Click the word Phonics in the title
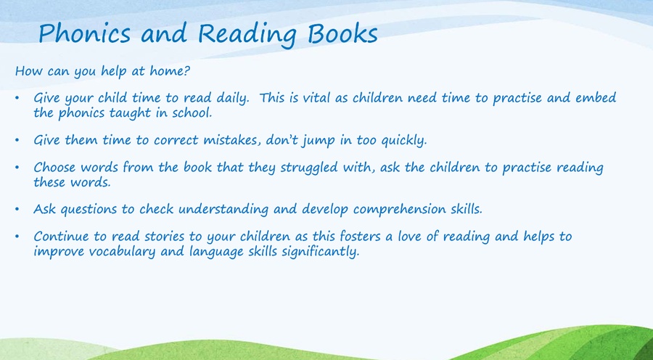(85, 33)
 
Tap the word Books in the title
(342, 33)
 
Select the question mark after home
(187, 70)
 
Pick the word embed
(596, 97)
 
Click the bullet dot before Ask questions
(17, 208)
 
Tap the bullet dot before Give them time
(17, 139)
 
